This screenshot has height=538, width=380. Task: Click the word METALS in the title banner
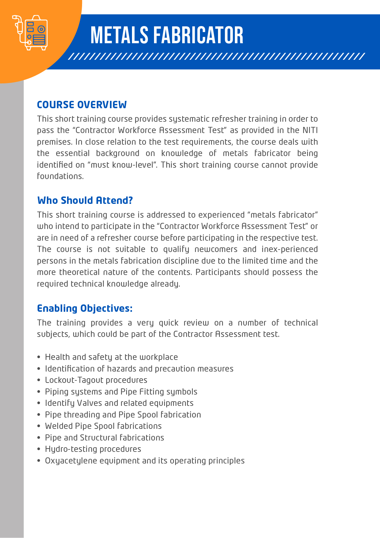coord(119,35)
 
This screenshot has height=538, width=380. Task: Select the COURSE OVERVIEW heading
coord(82,105)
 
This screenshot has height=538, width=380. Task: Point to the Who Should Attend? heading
coord(85,200)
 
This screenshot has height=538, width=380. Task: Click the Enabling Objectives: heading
coord(85,308)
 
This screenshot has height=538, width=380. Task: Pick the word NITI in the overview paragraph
coord(310,130)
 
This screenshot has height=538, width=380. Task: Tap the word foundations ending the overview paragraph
coord(60,176)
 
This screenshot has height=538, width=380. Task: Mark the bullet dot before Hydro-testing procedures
coord(39,449)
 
